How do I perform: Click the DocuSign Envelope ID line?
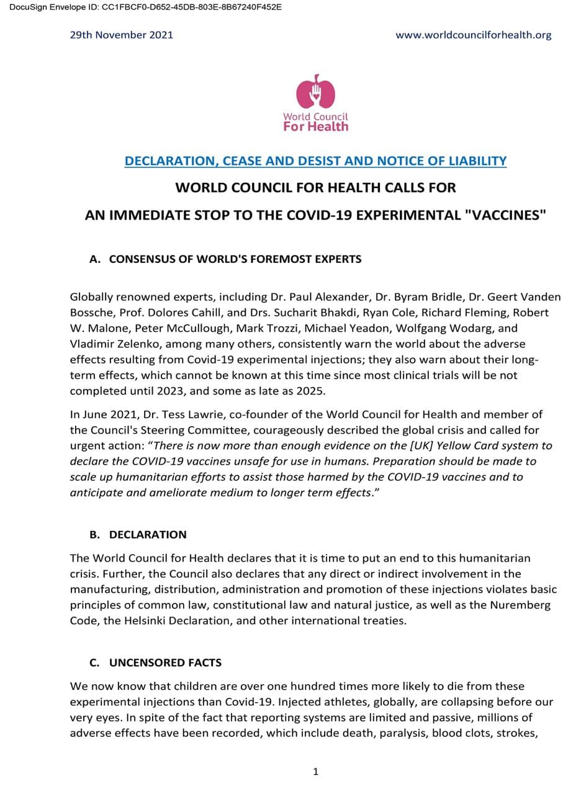142,7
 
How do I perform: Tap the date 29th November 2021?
122,35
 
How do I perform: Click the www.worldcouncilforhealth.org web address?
473,35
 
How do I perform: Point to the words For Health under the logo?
315,127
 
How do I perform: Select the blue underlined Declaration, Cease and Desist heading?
315,161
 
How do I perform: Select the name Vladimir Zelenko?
113,344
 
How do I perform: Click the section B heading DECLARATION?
148,534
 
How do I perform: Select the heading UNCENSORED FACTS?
165,662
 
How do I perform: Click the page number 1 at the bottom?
315,772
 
